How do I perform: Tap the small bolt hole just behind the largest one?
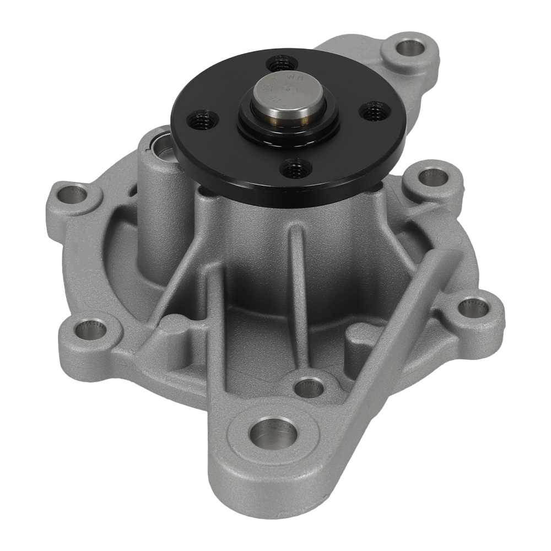[309, 388]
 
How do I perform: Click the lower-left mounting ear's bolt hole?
[86, 329]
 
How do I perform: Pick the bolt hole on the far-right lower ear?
[472, 307]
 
